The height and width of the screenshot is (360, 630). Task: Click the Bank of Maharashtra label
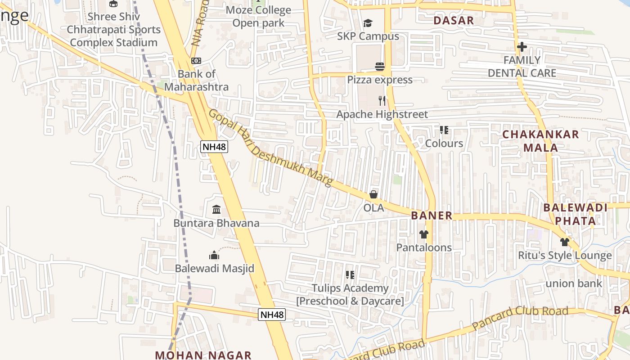pos(196,81)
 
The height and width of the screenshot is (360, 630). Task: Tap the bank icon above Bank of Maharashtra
pos(196,61)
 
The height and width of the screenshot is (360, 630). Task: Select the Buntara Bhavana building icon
pos(216,209)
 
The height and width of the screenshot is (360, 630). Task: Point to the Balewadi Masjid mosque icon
pos(214,255)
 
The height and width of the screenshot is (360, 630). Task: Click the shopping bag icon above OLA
pos(373,194)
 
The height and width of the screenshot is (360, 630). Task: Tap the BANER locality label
pos(432,216)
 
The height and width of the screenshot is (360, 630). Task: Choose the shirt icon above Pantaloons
pos(424,234)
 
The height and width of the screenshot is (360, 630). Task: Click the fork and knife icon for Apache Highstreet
pos(382,100)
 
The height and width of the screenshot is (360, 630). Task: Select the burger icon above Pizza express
pos(380,67)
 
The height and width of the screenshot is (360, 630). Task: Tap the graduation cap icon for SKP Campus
pos(368,23)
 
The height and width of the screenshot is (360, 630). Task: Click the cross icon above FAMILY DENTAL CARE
pos(522,46)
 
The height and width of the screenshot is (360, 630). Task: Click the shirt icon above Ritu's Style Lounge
pos(565,242)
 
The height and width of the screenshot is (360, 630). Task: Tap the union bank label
pos(574,283)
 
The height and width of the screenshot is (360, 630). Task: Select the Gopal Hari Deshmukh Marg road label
pos(270,148)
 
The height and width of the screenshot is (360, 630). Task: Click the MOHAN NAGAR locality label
pos(203,355)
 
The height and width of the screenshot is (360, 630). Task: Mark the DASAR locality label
pos(454,20)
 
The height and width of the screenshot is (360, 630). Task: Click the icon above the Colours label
pos(444,130)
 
